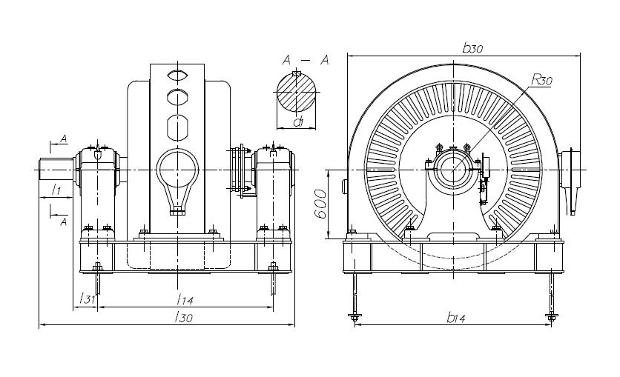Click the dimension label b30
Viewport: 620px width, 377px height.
472,48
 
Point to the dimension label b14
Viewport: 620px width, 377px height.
456,318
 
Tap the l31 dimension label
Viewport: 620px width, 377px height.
87,298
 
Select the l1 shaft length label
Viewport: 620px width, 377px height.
56,191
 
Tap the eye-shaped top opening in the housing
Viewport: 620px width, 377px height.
177,75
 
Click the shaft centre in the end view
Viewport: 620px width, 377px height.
452,169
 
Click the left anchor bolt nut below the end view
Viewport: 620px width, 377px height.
354,318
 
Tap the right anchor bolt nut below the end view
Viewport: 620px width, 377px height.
550,318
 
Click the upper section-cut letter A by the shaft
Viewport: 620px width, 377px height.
64,139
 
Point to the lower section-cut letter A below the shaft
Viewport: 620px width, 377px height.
64,221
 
